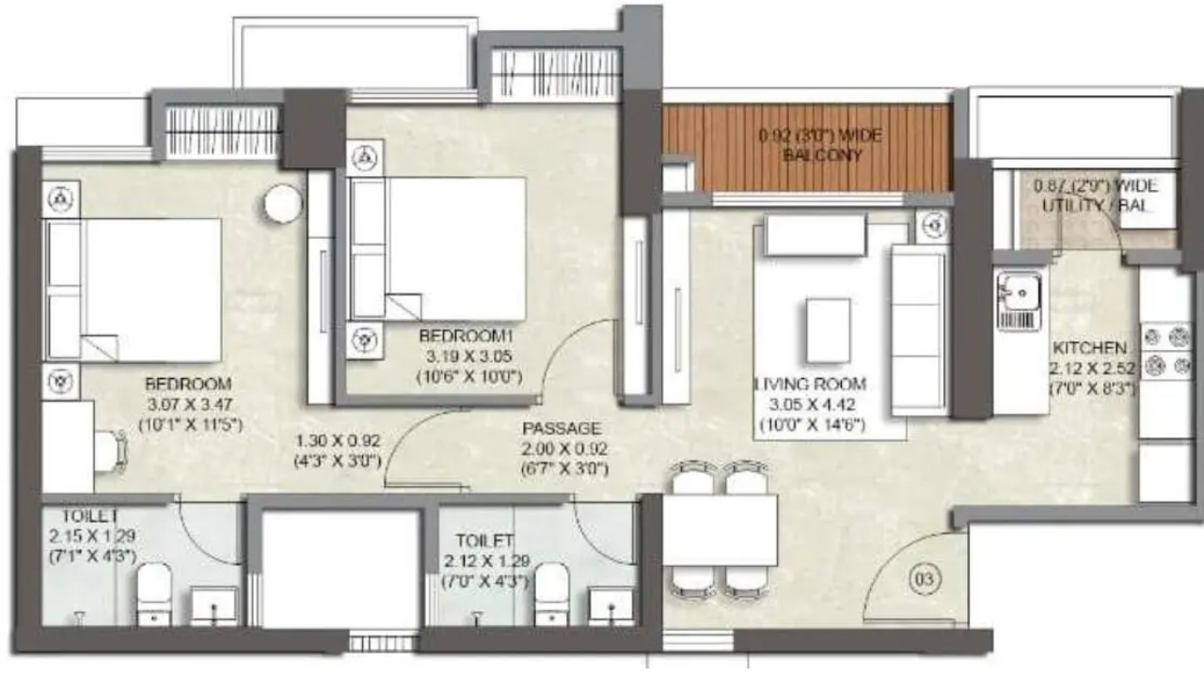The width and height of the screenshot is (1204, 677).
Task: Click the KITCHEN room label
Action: click(x=1090, y=346)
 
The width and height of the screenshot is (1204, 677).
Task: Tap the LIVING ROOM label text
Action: click(x=811, y=385)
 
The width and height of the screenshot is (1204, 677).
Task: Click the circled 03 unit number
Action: click(x=926, y=580)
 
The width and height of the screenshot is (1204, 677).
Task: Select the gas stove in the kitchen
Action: click(x=1164, y=351)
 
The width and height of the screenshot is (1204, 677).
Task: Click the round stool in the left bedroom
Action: click(x=282, y=204)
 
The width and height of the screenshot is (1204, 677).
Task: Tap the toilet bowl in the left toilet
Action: click(x=153, y=592)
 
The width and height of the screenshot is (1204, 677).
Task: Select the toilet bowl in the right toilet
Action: click(x=550, y=592)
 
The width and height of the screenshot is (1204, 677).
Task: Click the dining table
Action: click(x=720, y=530)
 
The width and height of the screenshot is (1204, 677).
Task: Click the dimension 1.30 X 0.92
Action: click(x=337, y=440)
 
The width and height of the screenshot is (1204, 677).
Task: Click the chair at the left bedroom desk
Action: click(x=111, y=449)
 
